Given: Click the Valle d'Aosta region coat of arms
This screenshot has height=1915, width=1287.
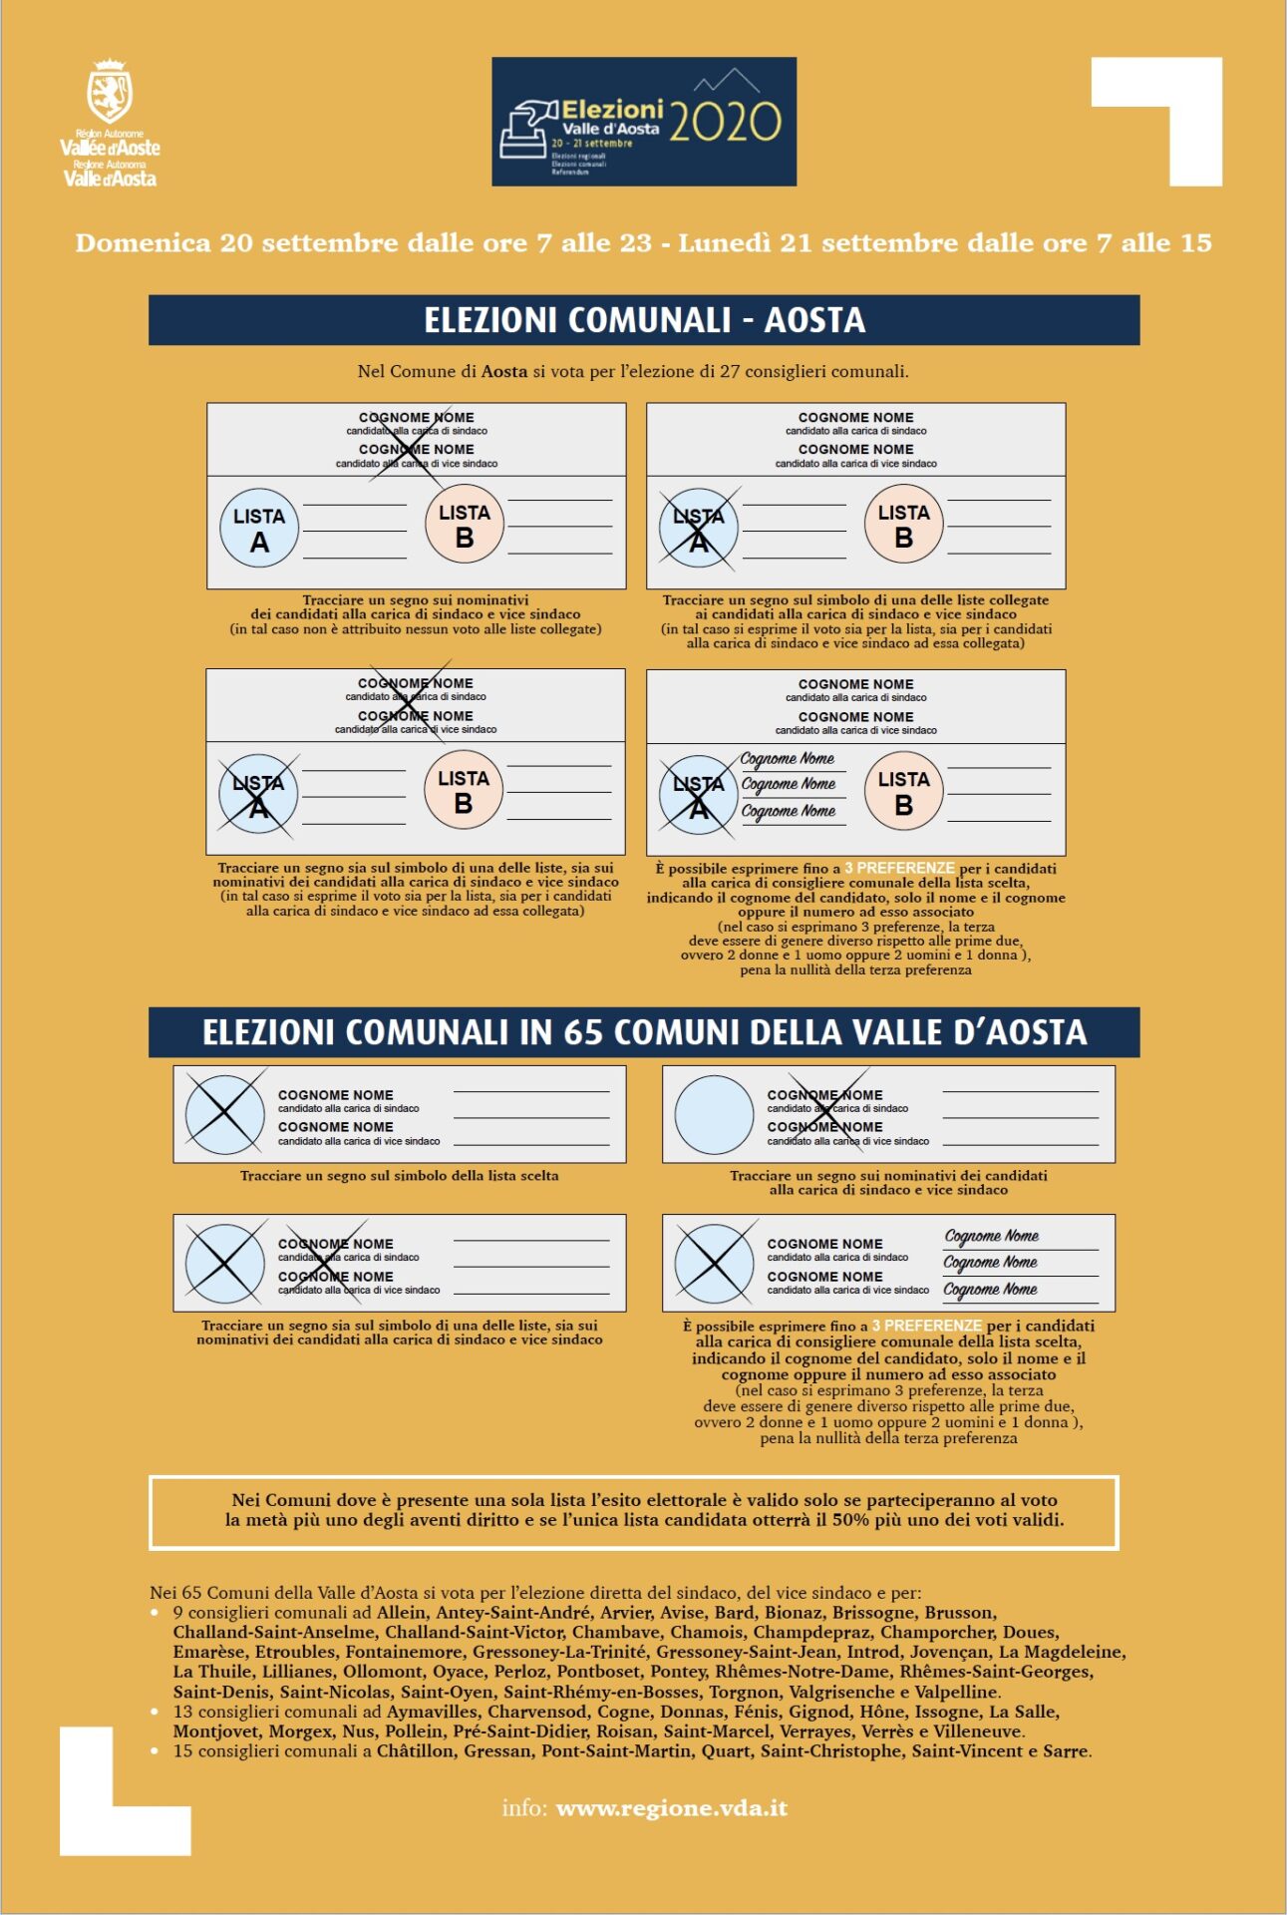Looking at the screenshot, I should point(110,91).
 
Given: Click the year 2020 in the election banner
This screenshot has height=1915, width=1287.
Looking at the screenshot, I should point(725,122).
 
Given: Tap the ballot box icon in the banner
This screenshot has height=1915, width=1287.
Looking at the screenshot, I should point(525,130).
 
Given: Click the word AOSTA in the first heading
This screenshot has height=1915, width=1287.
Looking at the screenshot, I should point(814,320).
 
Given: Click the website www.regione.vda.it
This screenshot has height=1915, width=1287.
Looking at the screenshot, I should point(672,1808).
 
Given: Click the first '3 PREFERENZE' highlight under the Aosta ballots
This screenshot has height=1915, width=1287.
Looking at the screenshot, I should point(899,868).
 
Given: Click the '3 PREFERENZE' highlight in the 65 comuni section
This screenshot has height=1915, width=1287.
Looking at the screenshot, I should point(927,1326).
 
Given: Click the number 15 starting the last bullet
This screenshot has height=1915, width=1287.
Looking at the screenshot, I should point(183,1750).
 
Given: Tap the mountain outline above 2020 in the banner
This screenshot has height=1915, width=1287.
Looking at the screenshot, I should point(727,80).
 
